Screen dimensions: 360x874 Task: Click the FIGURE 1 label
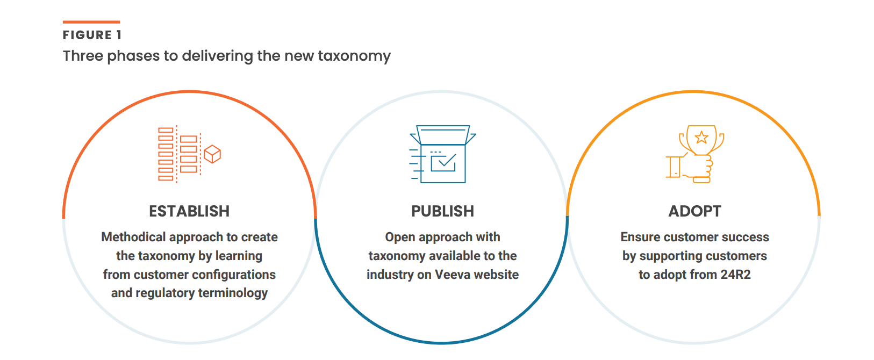click(92, 35)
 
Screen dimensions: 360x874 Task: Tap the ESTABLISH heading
click(189, 211)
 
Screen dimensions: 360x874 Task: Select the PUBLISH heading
click(442, 211)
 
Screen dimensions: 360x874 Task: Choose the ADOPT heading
click(694, 211)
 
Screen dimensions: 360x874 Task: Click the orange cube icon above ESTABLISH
click(212, 154)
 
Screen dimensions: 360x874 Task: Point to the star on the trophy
click(701, 138)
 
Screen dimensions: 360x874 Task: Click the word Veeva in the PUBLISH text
click(453, 275)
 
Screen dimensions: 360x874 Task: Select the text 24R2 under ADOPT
click(735, 275)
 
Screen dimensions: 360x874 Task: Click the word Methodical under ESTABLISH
click(133, 237)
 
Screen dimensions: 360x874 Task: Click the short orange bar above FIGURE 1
click(91, 22)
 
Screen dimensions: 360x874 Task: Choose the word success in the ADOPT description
click(745, 237)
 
